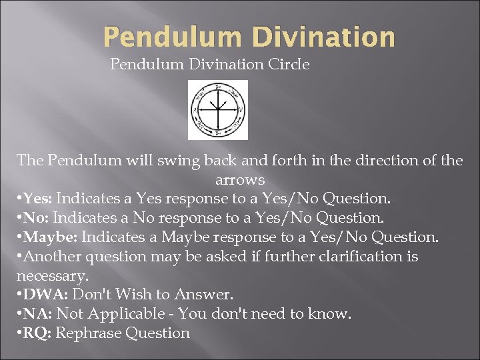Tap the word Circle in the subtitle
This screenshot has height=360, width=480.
coord(289,65)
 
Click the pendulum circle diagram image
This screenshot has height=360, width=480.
coord(217,109)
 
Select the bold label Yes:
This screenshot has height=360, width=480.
coord(37,199)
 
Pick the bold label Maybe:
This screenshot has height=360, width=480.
coord(50,237)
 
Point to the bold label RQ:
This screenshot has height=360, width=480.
coord(37,333)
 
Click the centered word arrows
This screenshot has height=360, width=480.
coord(240,180)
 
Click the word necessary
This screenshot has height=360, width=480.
coord(51,275)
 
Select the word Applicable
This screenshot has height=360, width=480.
coord(125,314)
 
